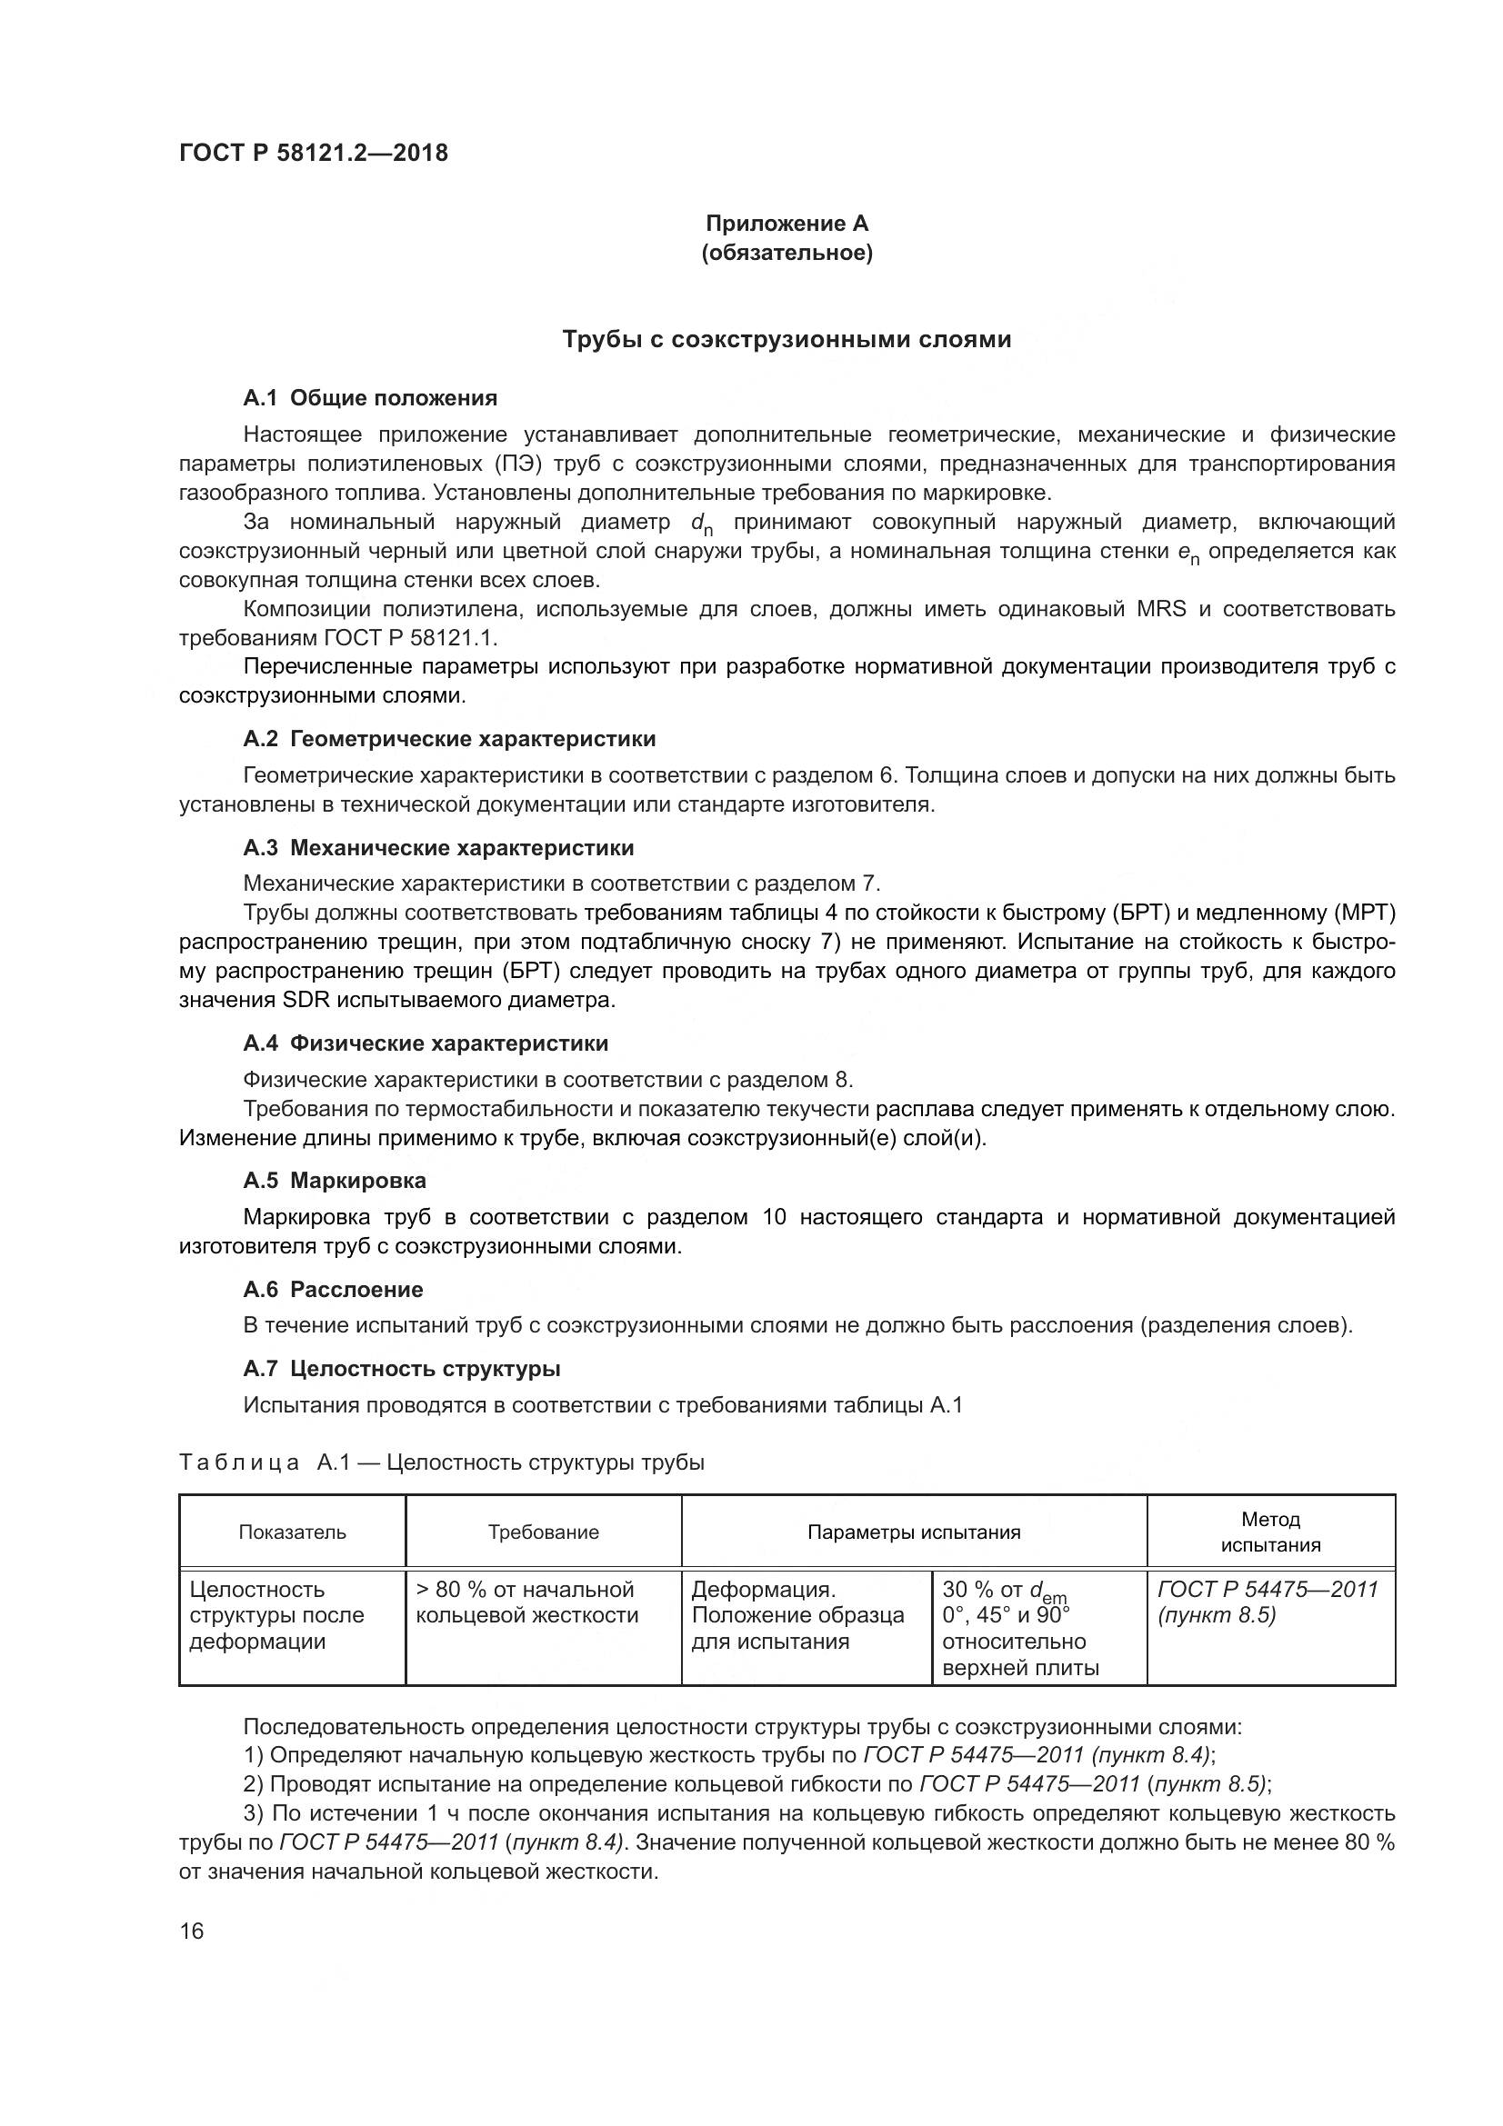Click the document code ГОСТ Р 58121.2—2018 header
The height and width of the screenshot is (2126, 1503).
click(313, 153)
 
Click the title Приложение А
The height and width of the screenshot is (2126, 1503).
click(787, 224)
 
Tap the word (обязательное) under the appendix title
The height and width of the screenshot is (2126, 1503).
click(787, 253)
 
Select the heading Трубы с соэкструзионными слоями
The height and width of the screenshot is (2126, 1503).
click(787, 340)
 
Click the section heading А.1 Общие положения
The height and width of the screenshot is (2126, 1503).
click(370, 398)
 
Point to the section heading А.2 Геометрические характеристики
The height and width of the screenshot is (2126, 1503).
click(449, 739)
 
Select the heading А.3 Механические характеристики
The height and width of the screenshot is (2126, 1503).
click(438, 847)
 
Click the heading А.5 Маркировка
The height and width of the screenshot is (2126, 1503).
click(335, 1181)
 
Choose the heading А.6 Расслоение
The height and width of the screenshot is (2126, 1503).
click(334, 1289)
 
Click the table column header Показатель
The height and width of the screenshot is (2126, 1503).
click(293, 1532)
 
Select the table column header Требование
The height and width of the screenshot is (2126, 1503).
click(544, 1532)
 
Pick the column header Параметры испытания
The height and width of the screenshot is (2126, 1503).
click(914, 1532)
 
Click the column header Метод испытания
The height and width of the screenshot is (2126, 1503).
click(1270, 1532)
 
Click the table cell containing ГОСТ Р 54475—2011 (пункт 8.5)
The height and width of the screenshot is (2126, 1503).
click(1268, 1602)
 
